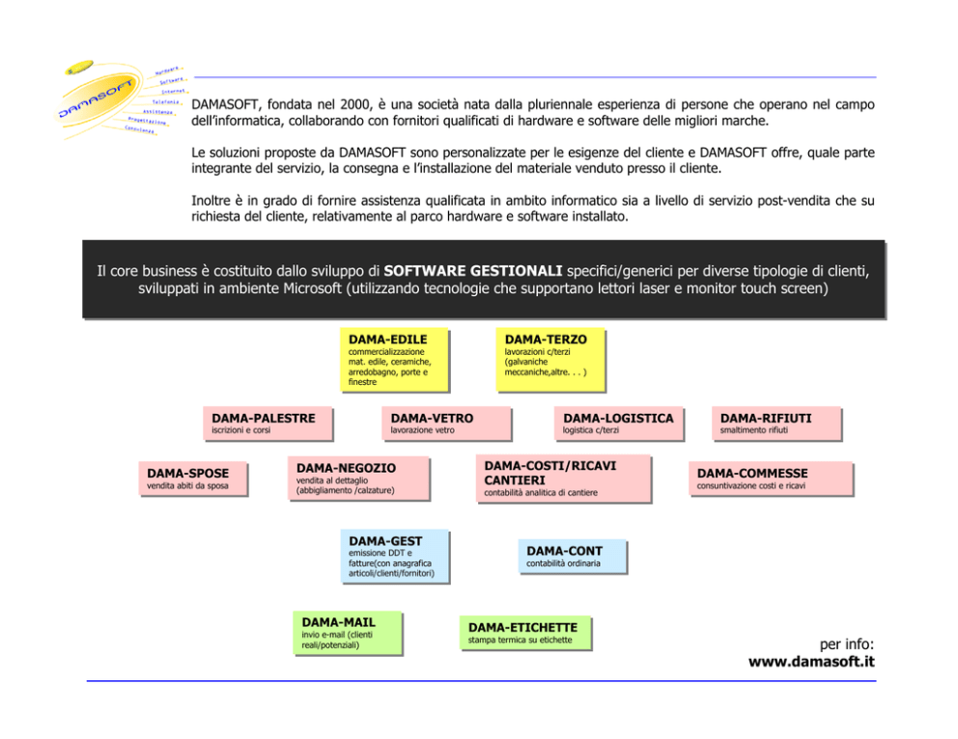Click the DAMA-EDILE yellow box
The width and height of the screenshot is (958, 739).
click(x=394, y=360)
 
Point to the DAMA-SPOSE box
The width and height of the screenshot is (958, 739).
click(x=191, y=479)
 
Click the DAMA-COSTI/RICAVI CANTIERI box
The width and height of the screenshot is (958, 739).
click(x=562, y=479)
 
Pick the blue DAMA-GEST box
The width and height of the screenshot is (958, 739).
click(x=394, y=557)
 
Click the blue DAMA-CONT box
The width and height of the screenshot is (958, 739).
click(x=572, y=556)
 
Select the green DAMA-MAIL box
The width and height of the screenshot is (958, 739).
click(x=348, y=633)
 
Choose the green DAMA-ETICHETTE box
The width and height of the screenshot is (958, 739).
click(x=523, y=633)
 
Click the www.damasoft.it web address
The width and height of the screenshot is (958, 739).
click(x=811, y=662)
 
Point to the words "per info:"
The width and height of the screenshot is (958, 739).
click(x=846, y=643)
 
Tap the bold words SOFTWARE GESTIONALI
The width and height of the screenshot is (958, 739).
click(x=473, y=270)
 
